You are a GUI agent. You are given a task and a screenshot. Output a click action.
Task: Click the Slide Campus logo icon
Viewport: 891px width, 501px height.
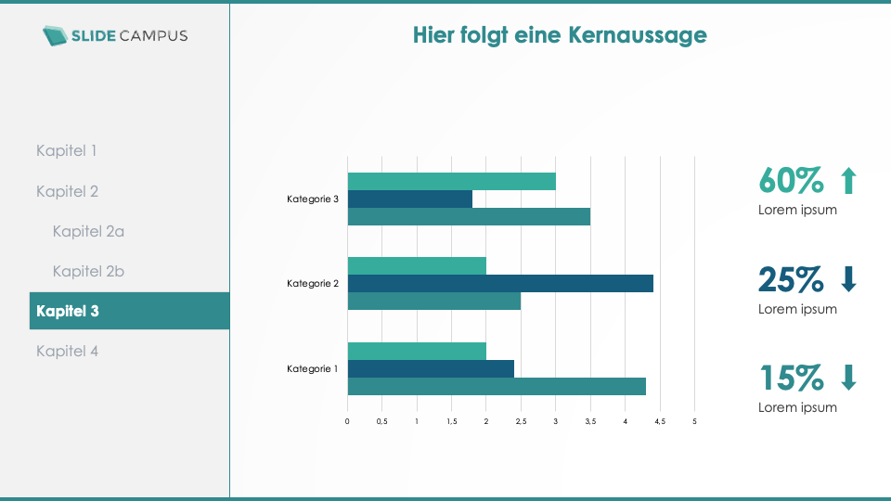(x=55, y=35)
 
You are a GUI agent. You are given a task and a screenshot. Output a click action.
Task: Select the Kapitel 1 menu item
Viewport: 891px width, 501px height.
(x=66, y=150)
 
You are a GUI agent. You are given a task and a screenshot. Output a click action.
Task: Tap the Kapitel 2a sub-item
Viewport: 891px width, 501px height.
(x=88, y=231)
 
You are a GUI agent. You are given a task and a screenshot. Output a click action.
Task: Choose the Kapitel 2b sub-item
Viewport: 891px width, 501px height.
(x=88, y=271)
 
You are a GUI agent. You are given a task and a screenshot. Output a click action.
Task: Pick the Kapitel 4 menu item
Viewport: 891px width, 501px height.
(x=67, y=351)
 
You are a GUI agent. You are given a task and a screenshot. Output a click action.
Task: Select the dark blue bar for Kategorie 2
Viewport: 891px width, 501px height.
(x=500, y=284)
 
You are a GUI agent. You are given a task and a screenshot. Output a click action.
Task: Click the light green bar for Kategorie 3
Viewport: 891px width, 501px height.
(x=451, y=181)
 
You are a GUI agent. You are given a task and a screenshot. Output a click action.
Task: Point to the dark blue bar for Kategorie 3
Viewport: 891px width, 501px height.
(x=409, y=199)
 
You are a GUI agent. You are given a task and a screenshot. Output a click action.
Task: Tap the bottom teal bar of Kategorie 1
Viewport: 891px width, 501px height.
(x=497, y=386)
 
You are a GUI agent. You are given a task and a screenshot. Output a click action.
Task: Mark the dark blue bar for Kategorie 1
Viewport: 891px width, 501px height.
(x=431, y=368)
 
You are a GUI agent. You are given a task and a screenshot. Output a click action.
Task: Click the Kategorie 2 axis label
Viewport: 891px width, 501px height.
(x=313, y=283)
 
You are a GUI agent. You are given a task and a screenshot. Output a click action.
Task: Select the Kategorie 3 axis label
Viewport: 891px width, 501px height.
(x=313, y=199)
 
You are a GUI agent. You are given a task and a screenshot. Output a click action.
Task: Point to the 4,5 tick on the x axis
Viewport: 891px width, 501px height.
(x=660, y=421)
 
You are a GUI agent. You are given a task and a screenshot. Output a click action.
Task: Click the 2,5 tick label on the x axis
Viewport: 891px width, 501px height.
(x=521, y=421)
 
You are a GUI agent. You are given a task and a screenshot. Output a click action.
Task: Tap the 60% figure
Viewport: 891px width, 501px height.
(x=791, y=179)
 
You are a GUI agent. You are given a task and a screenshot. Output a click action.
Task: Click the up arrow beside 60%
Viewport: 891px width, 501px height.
(x=847, y=180)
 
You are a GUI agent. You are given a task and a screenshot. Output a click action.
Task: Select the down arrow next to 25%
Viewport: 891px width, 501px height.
(x=847, y=278)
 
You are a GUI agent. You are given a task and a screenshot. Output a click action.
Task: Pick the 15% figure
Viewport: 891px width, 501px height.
(x=791, y=378)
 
